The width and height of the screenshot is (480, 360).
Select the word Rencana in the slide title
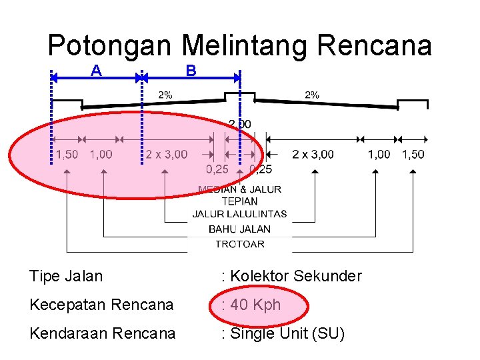point(375,46)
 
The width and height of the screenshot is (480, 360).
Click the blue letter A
point(97,70)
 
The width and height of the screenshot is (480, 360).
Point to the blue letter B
point(191,70)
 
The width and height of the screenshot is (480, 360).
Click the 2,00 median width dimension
point(240,124)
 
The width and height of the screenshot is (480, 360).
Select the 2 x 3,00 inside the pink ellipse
point(167,155)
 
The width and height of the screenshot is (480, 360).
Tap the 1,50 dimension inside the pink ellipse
point(67,155)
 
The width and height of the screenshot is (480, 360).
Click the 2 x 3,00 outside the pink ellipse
point(313,155)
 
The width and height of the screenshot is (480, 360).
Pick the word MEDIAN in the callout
point(217,189)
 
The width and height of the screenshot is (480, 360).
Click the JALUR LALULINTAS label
point(239,214)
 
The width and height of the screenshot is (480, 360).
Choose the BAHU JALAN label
point(239,229)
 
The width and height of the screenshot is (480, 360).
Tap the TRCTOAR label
point(239,244)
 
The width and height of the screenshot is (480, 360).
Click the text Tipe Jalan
point(66,276)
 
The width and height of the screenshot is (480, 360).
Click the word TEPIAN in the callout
point(240,201)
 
